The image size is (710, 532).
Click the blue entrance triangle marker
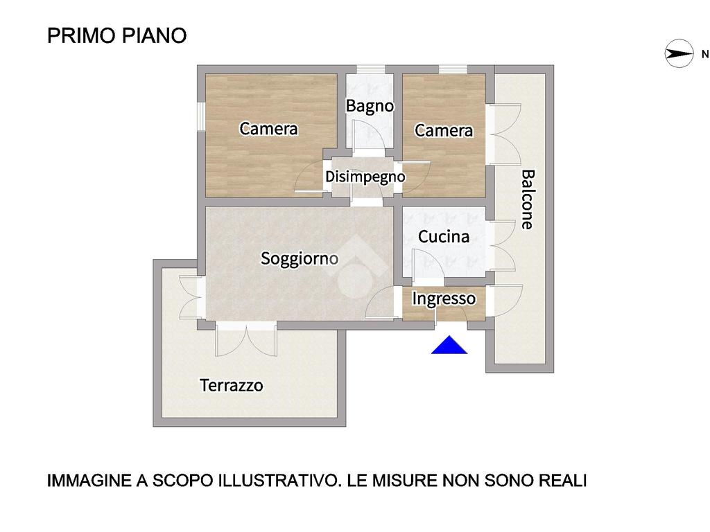coord(449,345)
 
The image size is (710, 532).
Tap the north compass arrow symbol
coord(679,54)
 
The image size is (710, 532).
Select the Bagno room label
coord(370,106)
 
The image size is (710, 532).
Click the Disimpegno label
coord(365,177)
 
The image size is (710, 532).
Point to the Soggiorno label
coord(300,258)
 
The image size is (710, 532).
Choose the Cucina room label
coord(443,236)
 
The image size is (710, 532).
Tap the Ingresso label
coord(444,299)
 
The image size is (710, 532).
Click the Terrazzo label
coord(232,385)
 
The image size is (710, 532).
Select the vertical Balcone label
coord(528,199)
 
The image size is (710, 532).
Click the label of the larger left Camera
coord(268,128)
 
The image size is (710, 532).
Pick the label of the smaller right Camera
coord(444,130)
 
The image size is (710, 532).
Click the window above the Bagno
coord(371,69)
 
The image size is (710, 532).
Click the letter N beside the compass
coord(705,54)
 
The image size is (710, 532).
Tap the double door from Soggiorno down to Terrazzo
coord(246,339)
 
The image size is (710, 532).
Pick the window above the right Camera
coord(453,69)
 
